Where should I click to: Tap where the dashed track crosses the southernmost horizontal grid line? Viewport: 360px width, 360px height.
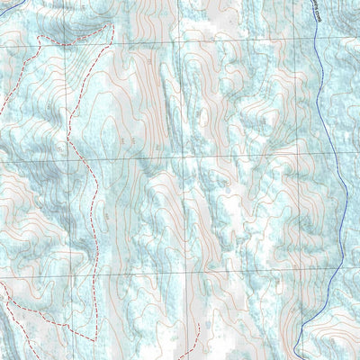point(94,270)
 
